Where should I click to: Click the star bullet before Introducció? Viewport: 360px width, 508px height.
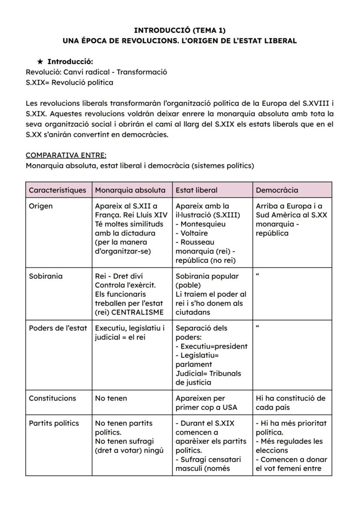pyautogui.click(x=40, y=62)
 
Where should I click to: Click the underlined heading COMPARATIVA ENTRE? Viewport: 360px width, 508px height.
pyautogui.click(x=66, y=155)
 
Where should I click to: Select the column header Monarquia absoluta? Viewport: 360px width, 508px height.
pyautogui.click(x=130, y=190)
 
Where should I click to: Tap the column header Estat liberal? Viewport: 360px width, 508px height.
pyautogui.click(x=197, y=190)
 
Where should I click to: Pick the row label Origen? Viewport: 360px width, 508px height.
pyautogui.click(x=40, y=206)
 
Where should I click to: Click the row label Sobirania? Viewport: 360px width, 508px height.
pyautogui.click(x=45, y=276)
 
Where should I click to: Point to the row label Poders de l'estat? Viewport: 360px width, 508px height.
pyautogui.click(x=58, y=328)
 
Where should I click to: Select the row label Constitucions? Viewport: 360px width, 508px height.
pyautogui.click(x=52, y=398)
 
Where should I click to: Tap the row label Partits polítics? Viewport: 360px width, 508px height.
pyautogui.click(x=54, y=423)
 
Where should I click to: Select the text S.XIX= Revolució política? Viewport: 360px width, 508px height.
pyautogui.click(x=70, y=82)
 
